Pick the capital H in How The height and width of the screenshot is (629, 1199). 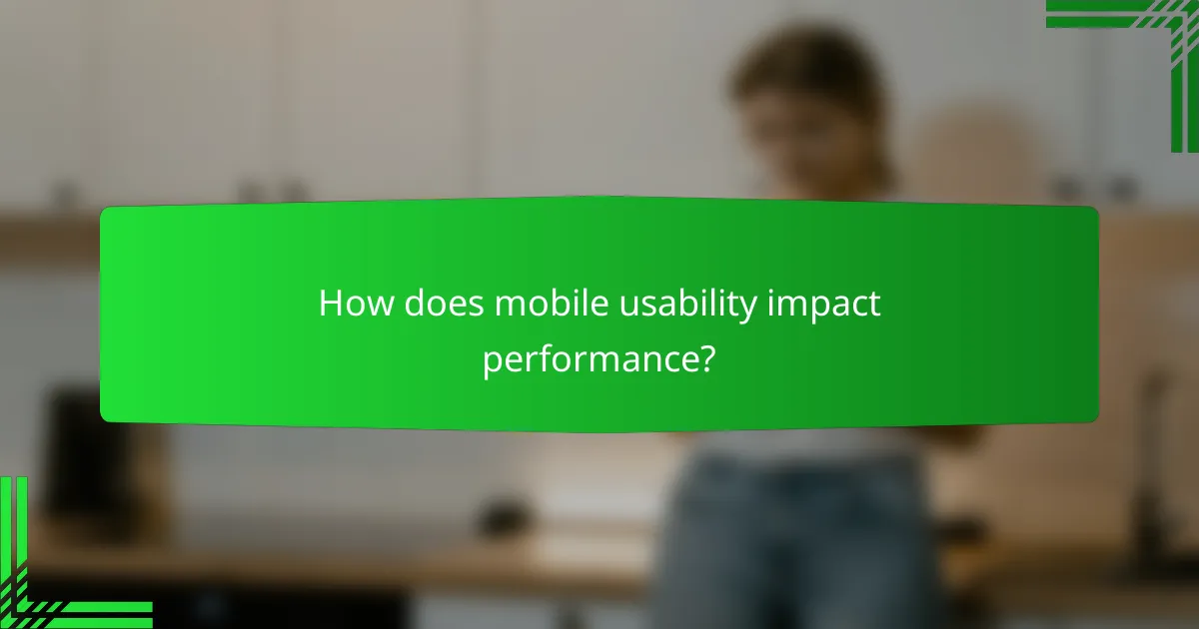pos(331,305)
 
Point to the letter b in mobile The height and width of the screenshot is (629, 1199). pos(554,305)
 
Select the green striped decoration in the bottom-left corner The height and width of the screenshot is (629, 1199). pos(50,569)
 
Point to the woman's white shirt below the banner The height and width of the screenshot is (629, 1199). pos(799,439)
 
